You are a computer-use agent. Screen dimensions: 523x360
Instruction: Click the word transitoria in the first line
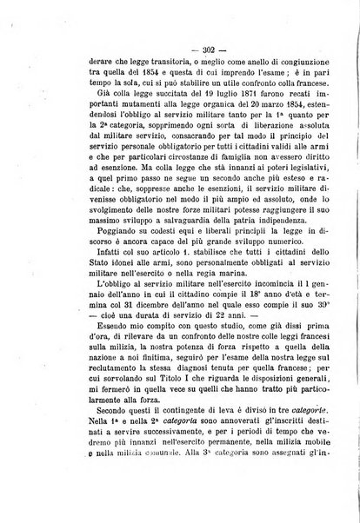pyautogui.click(x=163, y=63)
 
